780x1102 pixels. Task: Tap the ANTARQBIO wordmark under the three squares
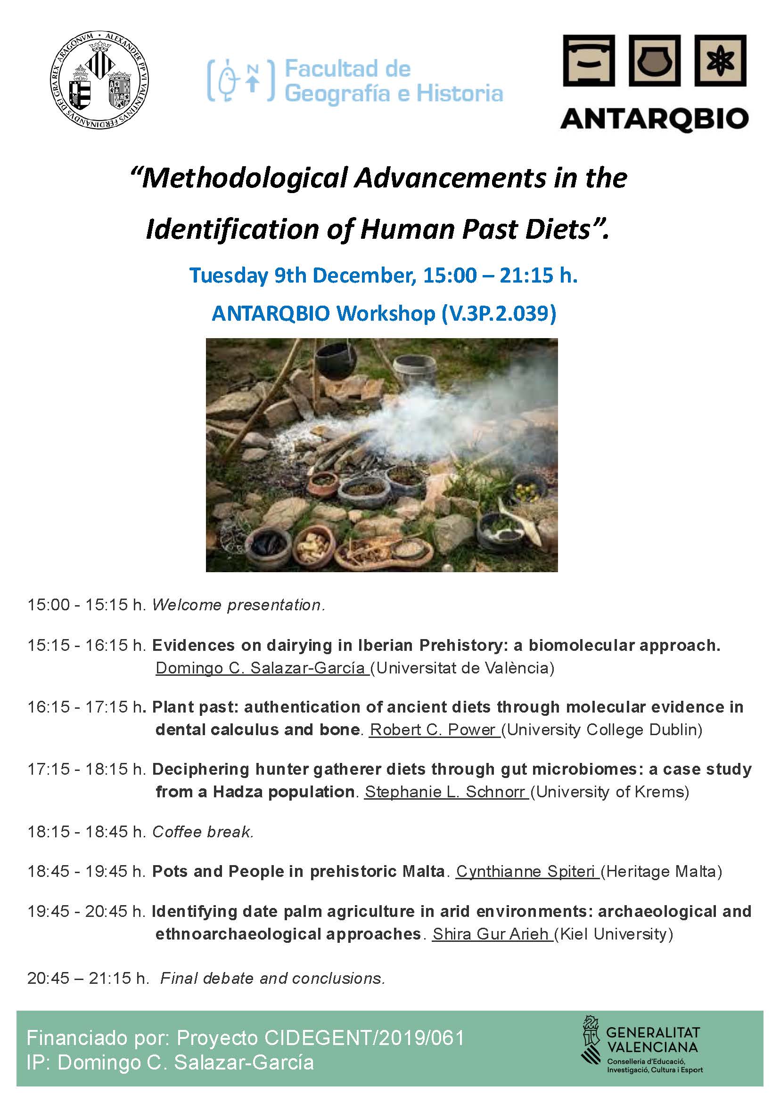coord(654,119)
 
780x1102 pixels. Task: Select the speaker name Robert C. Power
coord(434,729)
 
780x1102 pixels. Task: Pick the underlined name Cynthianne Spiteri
coord(526,871)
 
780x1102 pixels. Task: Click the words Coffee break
coord(203,831)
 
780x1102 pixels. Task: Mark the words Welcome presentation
coord(238,605)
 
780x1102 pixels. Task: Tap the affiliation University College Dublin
coord(604,729)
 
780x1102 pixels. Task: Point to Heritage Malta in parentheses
coord(661,871)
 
